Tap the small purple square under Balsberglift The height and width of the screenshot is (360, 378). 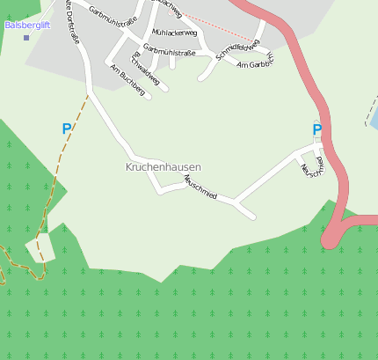pos(25,38)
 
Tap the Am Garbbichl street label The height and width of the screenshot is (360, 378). pos(256,63)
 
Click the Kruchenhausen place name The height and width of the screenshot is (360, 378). pos(163,166)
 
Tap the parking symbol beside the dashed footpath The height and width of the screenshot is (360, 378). pos(66,129)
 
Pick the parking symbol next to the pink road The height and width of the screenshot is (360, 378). pos(316,130)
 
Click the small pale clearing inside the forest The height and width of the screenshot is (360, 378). pos(40,251)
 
